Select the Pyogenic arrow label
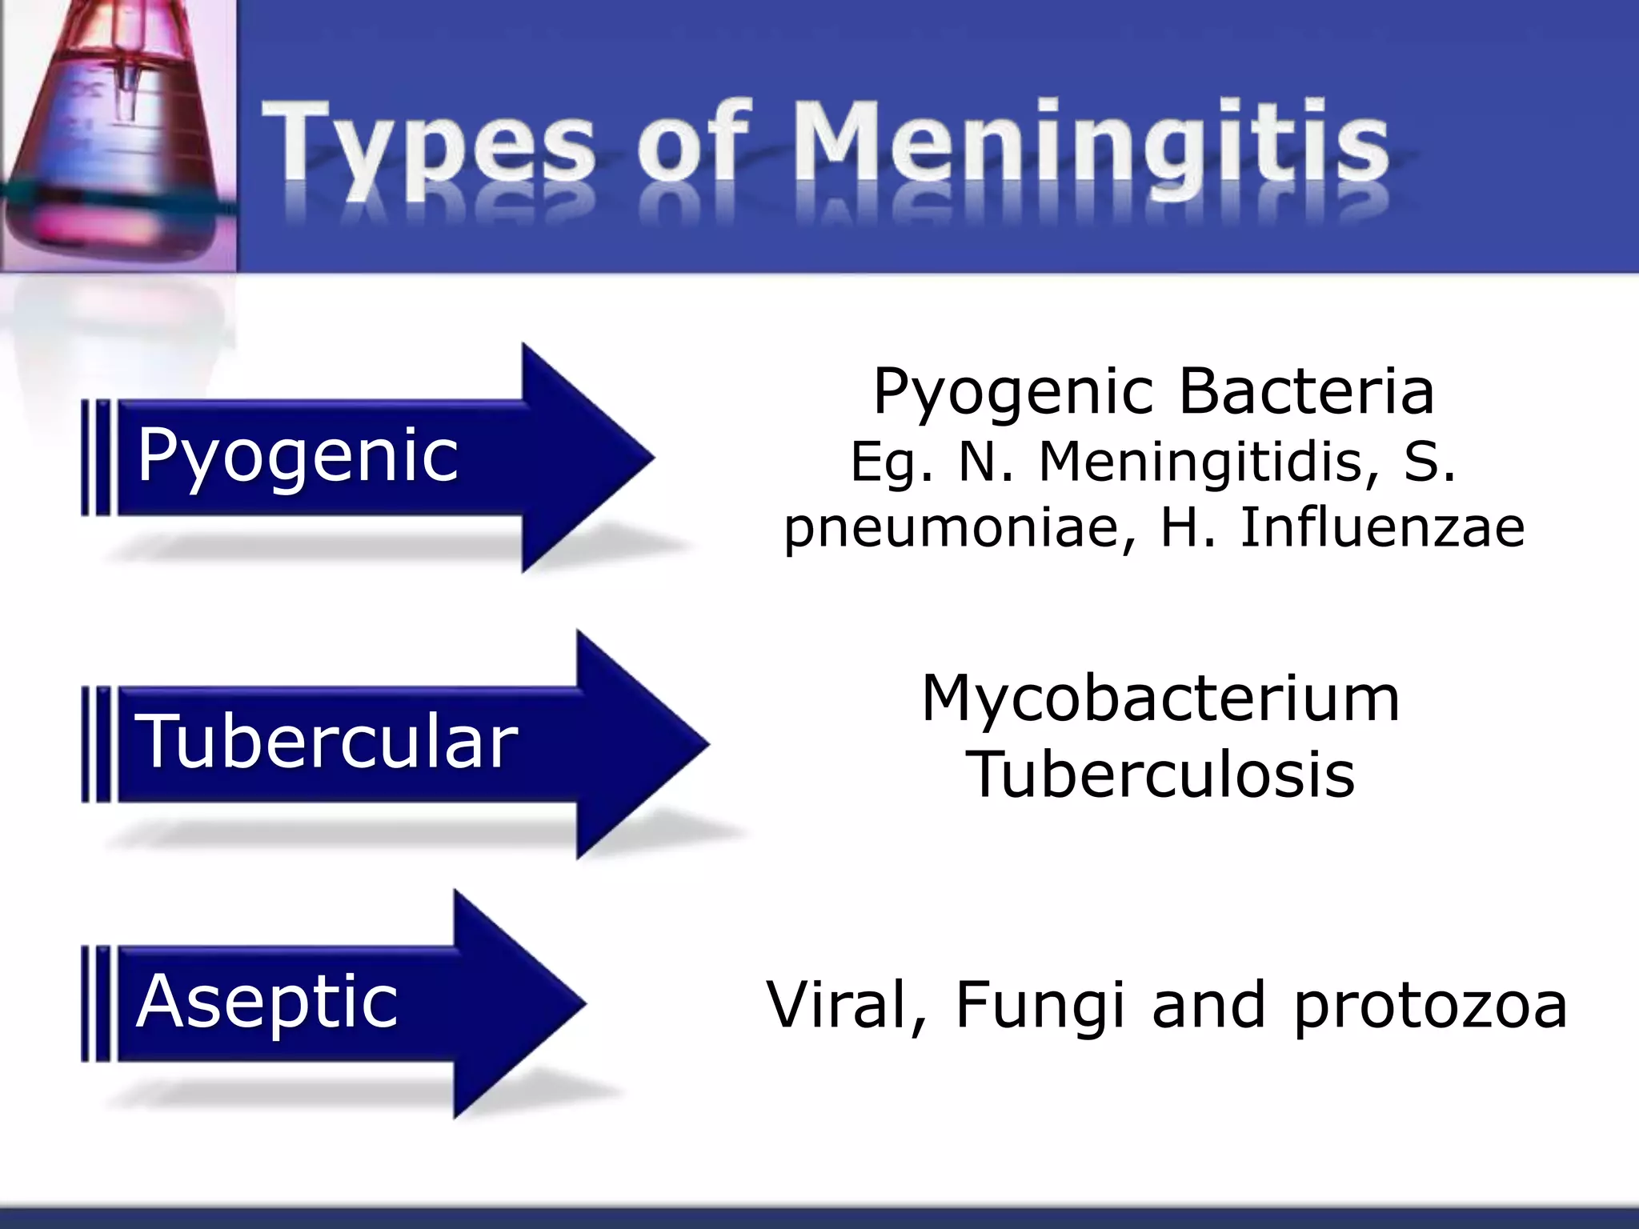pos(298,456)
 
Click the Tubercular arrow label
pos(327,743)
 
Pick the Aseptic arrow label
pos(266,1002)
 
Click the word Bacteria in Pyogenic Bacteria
pos(1306,392)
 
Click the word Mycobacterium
pos(1160,699)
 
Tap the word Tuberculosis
pos(1160,775)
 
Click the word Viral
pos(844,1004)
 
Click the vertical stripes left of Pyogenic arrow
pos(97,457)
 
